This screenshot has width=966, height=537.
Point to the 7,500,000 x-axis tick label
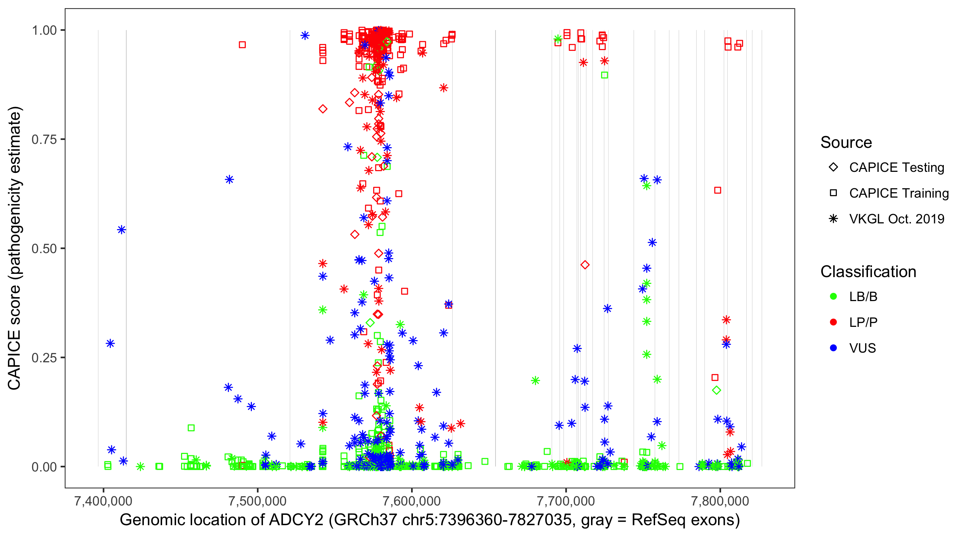[x=257, y=501]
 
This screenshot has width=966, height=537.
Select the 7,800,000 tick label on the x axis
[x=719, y=501]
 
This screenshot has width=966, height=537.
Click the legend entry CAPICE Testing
[x=896, y=168]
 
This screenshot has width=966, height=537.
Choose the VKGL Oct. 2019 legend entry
[x=896, y=219]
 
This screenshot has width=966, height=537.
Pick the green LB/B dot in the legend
[x=833, y=296]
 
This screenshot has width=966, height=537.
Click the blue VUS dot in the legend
[x=833, y=348]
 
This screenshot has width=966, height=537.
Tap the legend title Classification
[x=868, y=272]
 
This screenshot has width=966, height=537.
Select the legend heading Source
[x=846, y=142]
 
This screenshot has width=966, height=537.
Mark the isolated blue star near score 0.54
[x=122, y=230]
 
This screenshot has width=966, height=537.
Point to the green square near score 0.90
[x=605, y=75]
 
